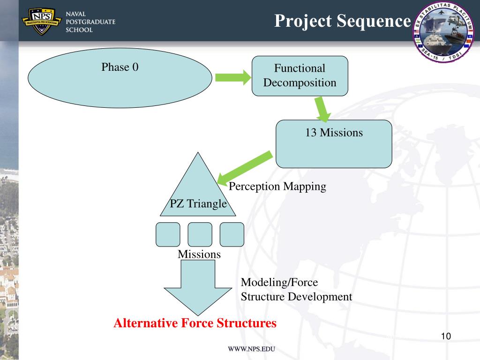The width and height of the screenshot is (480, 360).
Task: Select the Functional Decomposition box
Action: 300,76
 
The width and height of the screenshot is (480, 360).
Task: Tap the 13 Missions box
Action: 334,144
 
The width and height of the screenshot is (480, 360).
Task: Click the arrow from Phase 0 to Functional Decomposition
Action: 233,78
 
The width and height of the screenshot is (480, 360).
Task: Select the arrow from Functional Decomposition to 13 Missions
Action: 322,108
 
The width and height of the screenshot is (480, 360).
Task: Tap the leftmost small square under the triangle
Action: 168,234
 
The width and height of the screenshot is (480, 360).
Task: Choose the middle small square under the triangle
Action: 200,234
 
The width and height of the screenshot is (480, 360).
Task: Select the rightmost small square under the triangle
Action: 232,234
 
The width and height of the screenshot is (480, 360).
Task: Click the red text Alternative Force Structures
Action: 195,323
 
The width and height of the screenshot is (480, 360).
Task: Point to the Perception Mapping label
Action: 277,187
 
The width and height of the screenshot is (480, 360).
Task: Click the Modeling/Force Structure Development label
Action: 296,290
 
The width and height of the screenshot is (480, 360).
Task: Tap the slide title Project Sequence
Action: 342,21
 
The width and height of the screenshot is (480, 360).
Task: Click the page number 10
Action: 446,337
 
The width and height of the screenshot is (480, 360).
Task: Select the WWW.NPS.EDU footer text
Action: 251,349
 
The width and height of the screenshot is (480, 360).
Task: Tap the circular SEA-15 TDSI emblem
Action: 443,33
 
